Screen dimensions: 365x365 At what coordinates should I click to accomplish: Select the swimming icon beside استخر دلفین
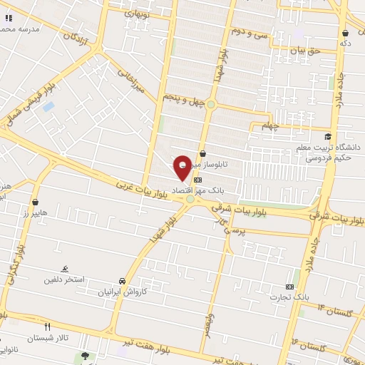click(x=66, y=269)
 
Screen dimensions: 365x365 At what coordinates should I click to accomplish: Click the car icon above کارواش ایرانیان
click(x=123, y=281)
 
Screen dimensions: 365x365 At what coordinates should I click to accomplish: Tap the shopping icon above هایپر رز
click(x=34, y=202)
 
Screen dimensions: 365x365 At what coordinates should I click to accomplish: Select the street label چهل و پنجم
click(x=183, y=101)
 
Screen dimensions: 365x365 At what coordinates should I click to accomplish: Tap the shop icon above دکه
click(x=345, y=33)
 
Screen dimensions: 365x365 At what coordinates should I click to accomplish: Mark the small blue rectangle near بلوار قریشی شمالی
click(x=48, y=107)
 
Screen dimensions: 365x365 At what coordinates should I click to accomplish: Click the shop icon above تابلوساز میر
click(x=203, y=153)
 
